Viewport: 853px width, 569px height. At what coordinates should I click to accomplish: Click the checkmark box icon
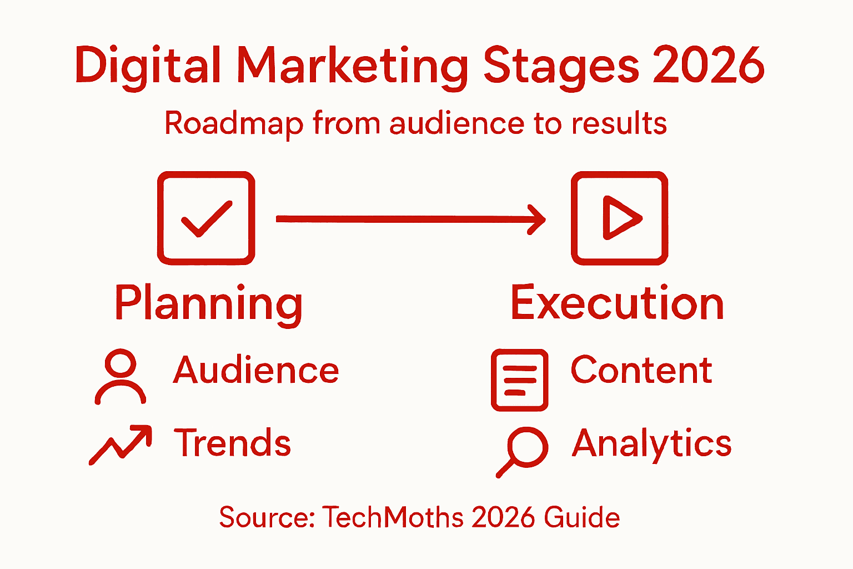(x=206, y=218)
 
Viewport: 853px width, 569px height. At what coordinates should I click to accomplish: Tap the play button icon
(x=619, y=218)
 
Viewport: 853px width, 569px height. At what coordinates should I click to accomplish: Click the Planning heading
(x=209, y=303)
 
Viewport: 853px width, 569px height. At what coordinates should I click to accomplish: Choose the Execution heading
(x=617, y=303)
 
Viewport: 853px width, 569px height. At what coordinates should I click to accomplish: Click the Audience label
(x=256, y=371)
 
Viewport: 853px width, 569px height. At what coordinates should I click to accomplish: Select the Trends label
(x=233, y=443)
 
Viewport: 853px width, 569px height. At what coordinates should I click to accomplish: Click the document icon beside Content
(x=519, y=380)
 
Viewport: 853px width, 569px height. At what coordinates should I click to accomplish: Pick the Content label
(x=641, y=370)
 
